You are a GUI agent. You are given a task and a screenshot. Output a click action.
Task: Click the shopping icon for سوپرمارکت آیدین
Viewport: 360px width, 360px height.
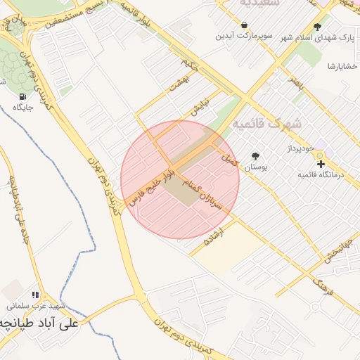point(243,25)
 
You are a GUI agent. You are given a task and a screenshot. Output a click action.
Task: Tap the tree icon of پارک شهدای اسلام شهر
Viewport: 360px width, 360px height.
point(318,26)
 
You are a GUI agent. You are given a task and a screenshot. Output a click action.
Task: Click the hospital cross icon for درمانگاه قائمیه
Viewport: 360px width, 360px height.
point(321,164)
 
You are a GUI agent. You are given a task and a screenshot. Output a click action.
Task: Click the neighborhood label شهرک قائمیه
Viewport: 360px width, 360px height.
point(266,124)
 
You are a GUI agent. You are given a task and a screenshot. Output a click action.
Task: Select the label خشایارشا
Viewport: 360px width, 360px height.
point(342,66)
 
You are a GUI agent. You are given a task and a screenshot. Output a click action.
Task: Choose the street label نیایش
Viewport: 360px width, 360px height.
point(201,106)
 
